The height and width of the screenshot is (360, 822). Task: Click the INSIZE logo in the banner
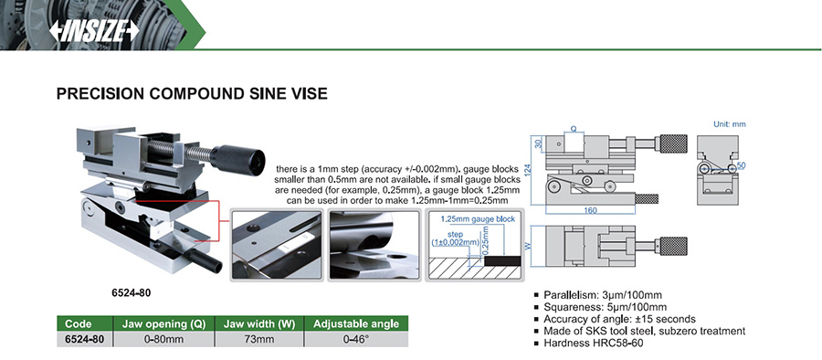tap(94, 31)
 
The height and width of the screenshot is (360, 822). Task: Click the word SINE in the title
tap(263, 94)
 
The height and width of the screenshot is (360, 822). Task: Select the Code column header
tap(79, 323)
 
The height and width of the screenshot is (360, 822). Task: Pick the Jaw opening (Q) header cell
tap(164, 323)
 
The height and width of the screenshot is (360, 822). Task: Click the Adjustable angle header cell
tap(356, 323)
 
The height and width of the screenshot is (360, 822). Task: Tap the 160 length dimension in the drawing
tap(590, 210)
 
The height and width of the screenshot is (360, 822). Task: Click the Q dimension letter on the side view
tap(573, 128)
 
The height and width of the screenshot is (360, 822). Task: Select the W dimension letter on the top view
tap(534, 246)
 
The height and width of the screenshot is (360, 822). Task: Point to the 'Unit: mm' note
tap(729, 124)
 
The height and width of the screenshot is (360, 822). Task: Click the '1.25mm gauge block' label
tap(478, 219)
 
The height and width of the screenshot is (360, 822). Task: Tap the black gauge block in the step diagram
tap(502, 260)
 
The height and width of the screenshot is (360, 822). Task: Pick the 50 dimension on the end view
tap(741, 165)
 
